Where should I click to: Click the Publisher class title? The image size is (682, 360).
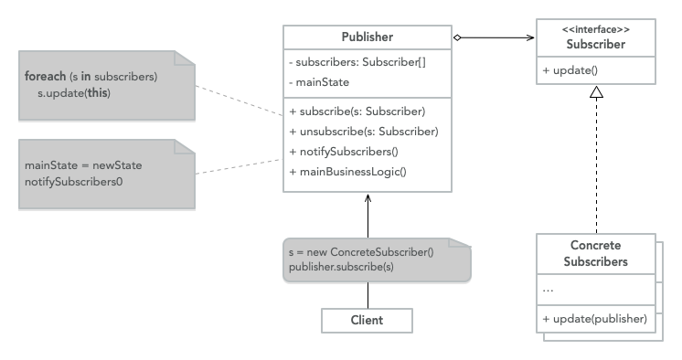pos(367,38)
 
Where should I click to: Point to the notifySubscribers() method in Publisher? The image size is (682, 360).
pos(343,151)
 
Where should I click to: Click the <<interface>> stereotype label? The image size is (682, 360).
pos(595,30)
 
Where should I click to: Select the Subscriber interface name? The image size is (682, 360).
pos(595,44)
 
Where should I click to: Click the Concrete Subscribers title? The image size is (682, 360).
pos(595,253)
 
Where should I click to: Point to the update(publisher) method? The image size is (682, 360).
pos(594,319)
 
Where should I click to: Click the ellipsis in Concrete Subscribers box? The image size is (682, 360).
pos(549,289)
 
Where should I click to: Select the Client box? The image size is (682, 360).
pos(367,320)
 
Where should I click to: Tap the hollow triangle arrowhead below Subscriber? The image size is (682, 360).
pos(595,91)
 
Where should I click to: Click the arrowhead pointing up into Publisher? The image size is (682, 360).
pos(367,198)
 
